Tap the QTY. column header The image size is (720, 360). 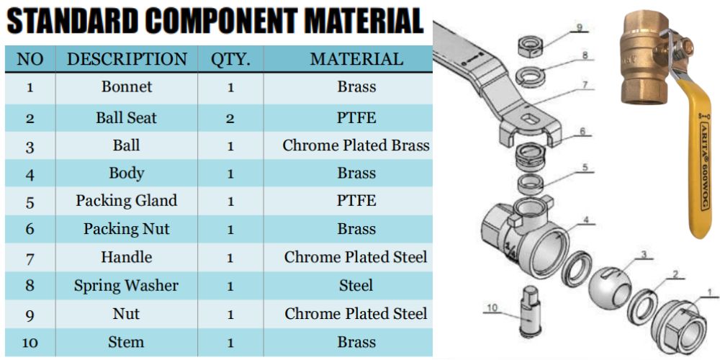(230, 59)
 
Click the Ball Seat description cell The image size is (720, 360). (126, 117)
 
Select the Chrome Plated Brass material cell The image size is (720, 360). (356, 145)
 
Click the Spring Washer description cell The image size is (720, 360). (126, 286)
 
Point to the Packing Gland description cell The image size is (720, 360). (126, 201)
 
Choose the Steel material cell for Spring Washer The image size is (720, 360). (356, 286)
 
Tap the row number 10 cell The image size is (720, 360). (30, 343)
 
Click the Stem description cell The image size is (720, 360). (126, 342)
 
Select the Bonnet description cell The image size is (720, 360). (126, 87)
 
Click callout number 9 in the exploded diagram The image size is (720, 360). (578, 28)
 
